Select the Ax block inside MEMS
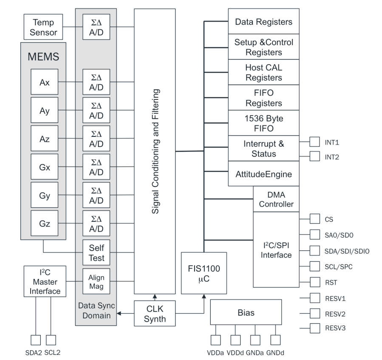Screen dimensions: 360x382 (44, 82)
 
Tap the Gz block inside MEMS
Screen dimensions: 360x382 (44, 223)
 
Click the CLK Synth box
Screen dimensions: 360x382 (155, 313)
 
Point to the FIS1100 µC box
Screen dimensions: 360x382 (204, 272)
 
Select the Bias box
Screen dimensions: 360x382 (246, 313)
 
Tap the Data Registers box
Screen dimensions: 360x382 (263, 21)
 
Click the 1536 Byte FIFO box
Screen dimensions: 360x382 (263, 123)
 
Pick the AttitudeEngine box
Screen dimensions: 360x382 (263, 174)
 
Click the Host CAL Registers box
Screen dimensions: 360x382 (263, 72)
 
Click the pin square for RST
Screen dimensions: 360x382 (315, 282)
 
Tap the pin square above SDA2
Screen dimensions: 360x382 (36, 340)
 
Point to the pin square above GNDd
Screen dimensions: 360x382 (276, 340)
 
